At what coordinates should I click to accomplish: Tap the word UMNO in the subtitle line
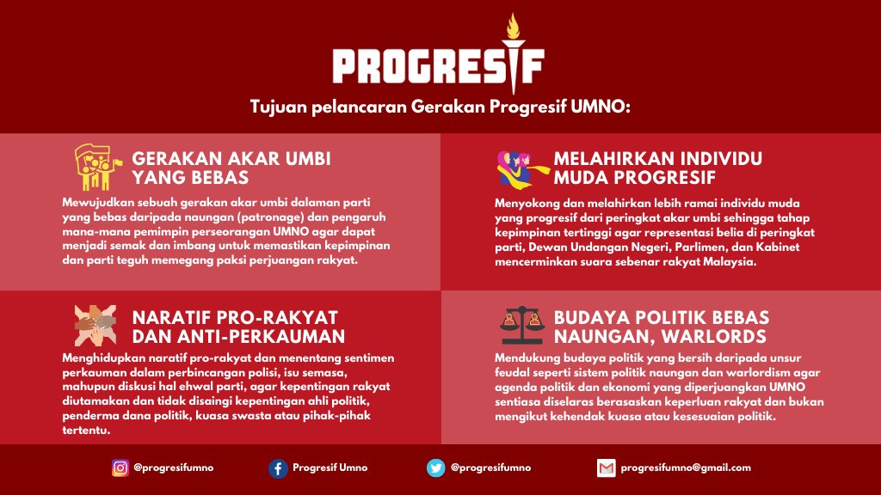pos(602,107)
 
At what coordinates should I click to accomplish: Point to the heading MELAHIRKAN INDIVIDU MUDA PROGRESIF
pos(658,168)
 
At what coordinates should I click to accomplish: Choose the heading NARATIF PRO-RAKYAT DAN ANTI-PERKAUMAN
pos(238,327)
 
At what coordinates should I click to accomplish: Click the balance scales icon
pos(522,326)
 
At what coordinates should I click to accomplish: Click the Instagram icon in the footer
pos(120,468)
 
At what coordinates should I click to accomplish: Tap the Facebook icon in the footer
pos(277,468)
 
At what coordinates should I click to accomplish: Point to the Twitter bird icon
pos(436,468)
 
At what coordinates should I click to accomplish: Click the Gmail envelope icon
pos(607,468)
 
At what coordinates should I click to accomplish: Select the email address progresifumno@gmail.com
pos(686,467)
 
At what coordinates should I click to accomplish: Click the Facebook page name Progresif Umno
pos(330,467)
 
